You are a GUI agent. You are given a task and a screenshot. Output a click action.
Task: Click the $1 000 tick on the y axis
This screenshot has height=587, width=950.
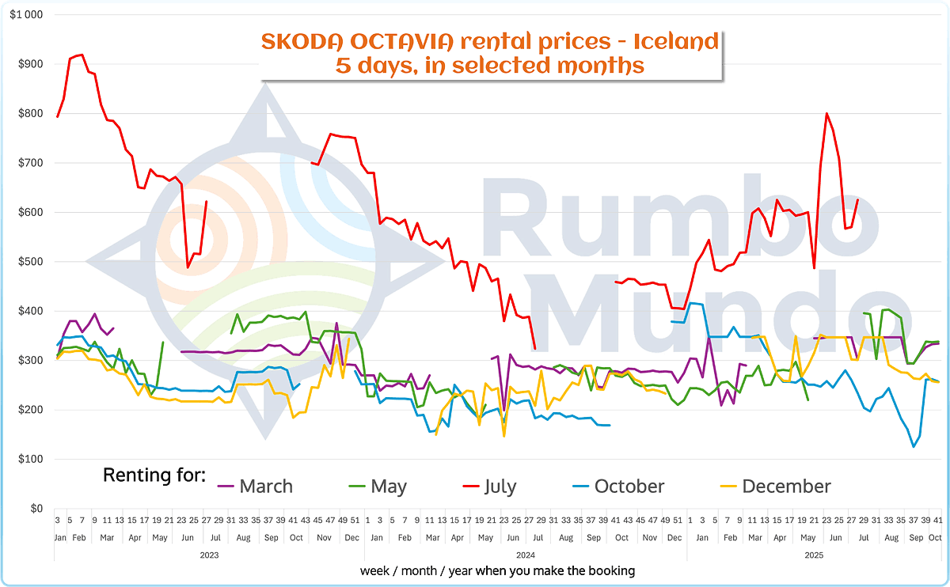pyautogui.click(x=27, y=15)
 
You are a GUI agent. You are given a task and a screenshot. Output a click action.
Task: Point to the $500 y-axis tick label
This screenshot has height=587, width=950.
pyautogui.click(x=30, y=262)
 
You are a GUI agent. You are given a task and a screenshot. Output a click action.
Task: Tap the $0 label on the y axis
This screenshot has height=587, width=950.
pyautogui.click(x=35, y=509)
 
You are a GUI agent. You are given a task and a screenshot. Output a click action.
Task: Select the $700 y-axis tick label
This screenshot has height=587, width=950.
pyautogui.click(x=30, y=163)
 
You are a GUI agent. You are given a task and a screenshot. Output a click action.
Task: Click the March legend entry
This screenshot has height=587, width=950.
pyautogui.click(x=265, y=486)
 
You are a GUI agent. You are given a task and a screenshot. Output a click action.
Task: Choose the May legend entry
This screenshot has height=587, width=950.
pyautogui.click(x=388, y=486)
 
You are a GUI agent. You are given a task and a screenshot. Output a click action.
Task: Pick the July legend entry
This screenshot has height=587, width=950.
pyautogui.click(x=501, y=486)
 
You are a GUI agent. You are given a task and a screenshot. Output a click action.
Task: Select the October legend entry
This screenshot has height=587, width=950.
pyautogui.click(x=629, y=486)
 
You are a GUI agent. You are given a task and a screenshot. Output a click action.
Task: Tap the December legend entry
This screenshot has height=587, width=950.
pyautogui.click(x=786, y=486)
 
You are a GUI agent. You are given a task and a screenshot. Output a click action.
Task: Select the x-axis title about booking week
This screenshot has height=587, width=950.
pyautogui.click(x=497, y=570)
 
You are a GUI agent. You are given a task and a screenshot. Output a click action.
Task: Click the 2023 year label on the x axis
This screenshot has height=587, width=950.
pyautogui.click(x=209, y=555)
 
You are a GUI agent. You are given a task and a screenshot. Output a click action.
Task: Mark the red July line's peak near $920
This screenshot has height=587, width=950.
pyautogui.click(x=82, y=55)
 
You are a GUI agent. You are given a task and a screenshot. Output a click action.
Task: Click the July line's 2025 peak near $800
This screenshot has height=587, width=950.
pyautogui.click(x=826, y=113)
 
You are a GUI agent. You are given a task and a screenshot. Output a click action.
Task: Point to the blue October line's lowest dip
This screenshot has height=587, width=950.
pyautogui.click(x=914, y=447)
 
